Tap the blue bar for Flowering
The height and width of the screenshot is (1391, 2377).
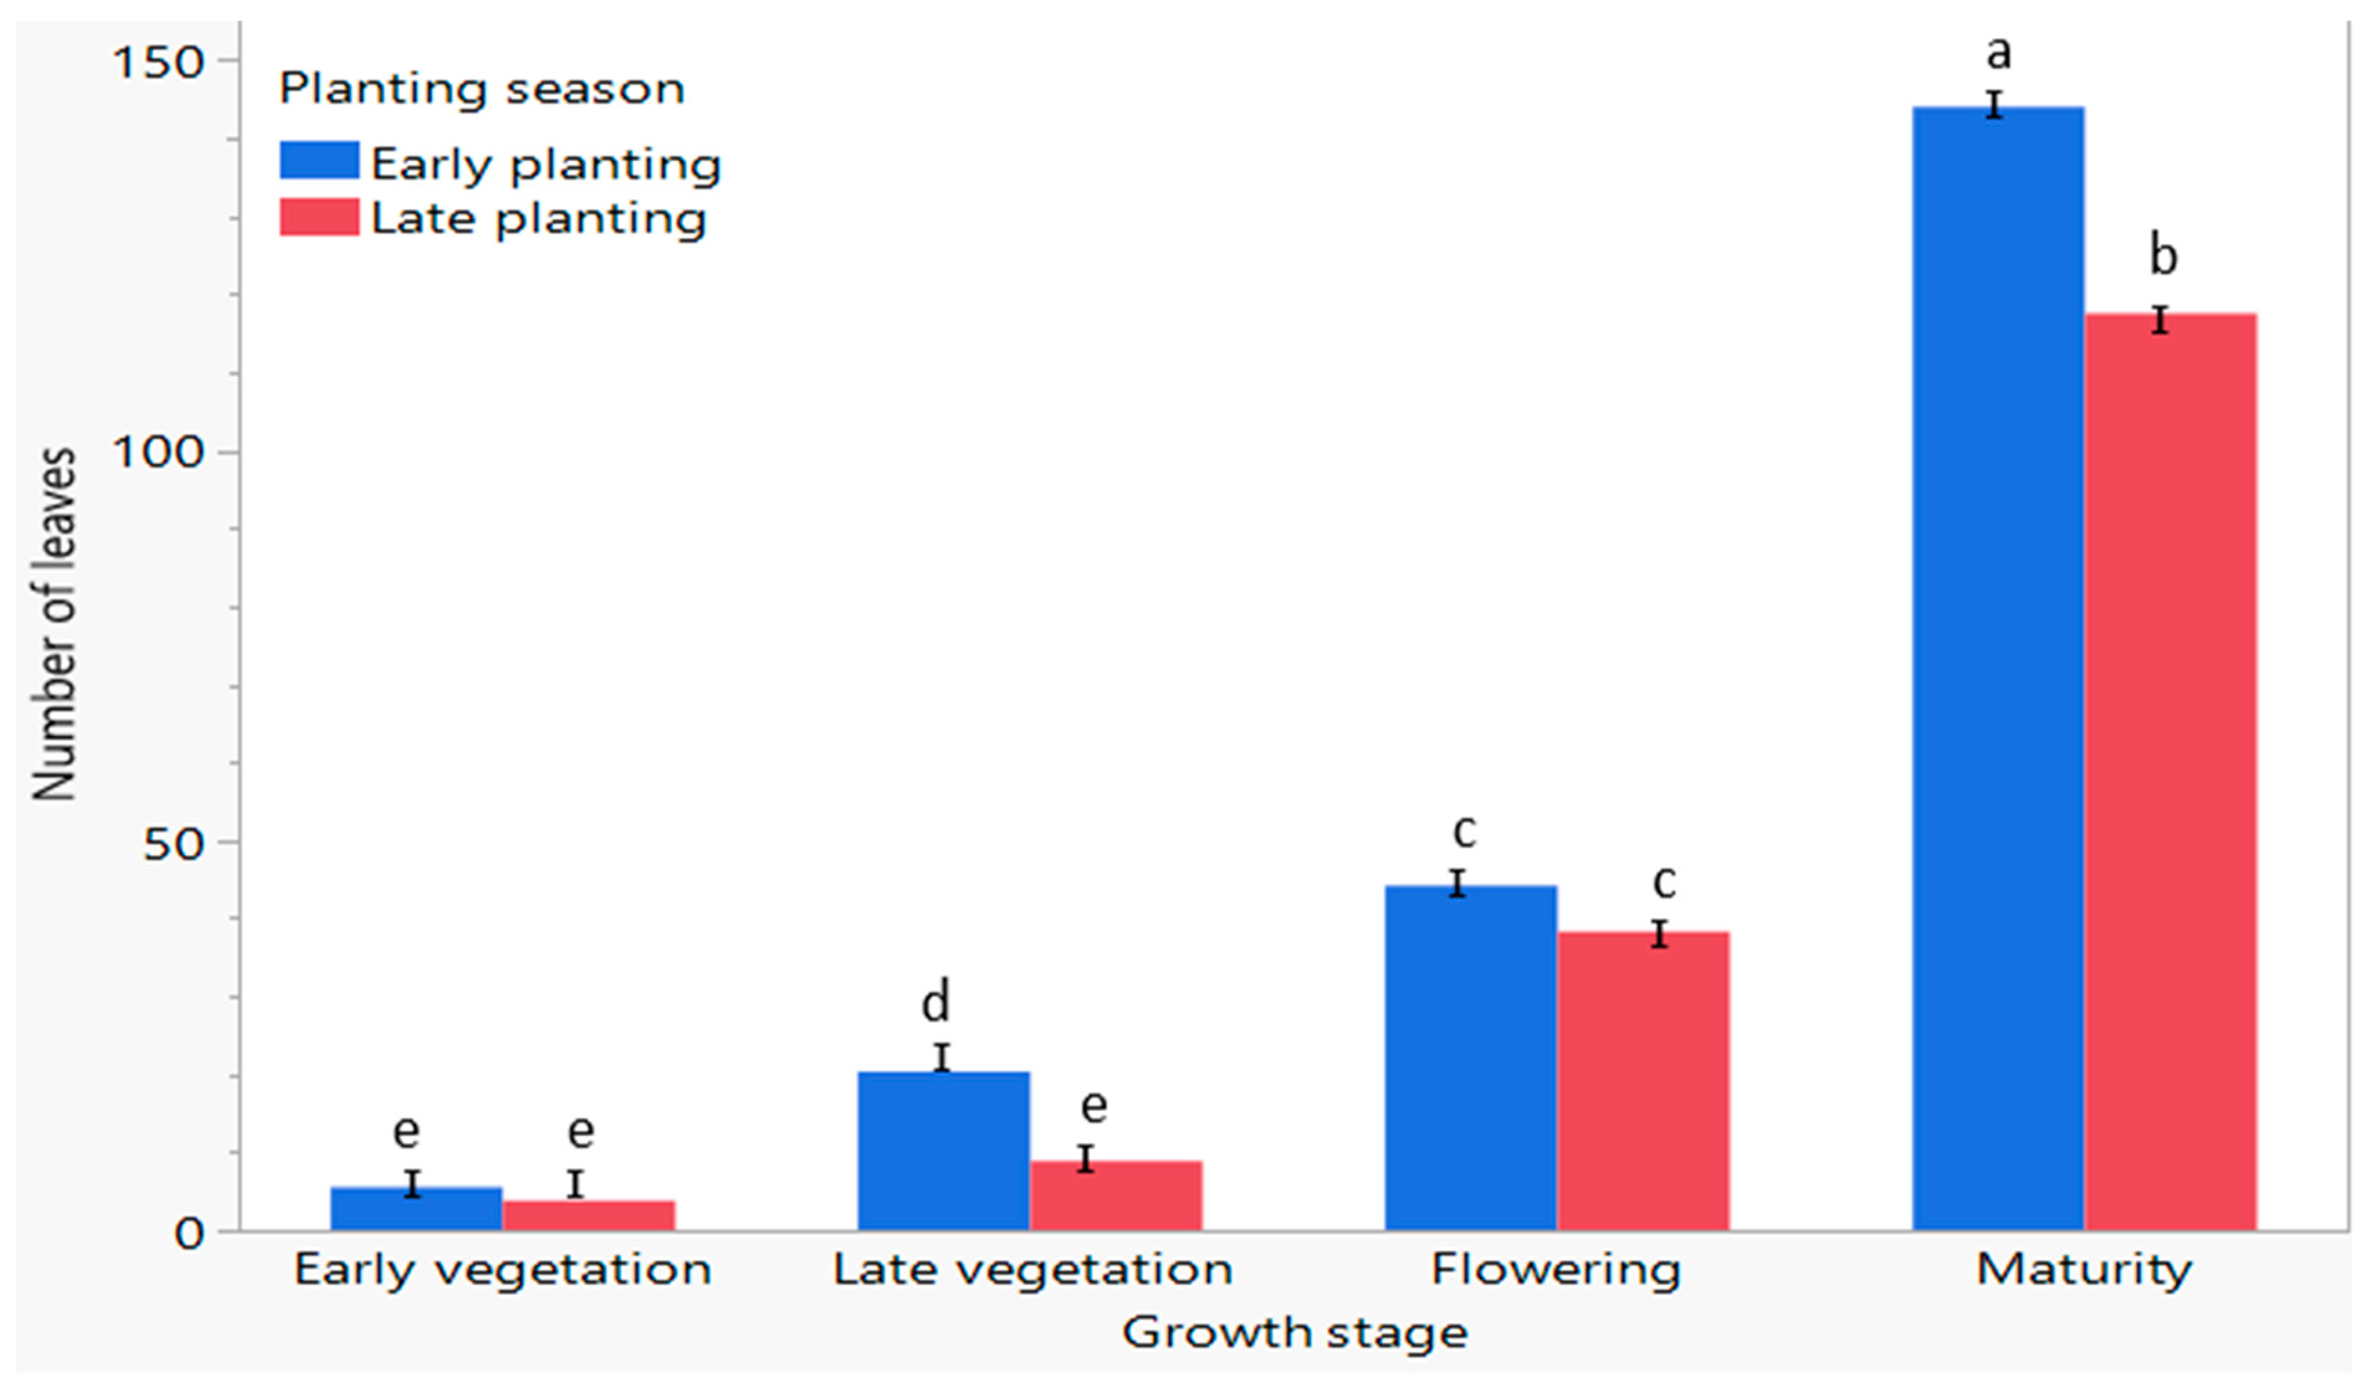1469,1057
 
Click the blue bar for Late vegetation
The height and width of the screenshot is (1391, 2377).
942,1151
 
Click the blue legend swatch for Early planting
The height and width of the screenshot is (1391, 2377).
319,160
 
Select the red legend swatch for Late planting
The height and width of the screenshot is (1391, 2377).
319,217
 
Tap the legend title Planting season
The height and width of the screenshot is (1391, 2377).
481,89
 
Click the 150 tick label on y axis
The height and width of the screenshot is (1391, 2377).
158,63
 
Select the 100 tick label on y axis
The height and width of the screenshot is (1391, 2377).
158,453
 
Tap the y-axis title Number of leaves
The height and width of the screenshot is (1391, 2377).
54,624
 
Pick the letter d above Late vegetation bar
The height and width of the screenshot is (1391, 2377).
935,1002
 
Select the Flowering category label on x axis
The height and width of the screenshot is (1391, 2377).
1556,1269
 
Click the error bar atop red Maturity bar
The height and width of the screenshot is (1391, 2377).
2160,320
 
